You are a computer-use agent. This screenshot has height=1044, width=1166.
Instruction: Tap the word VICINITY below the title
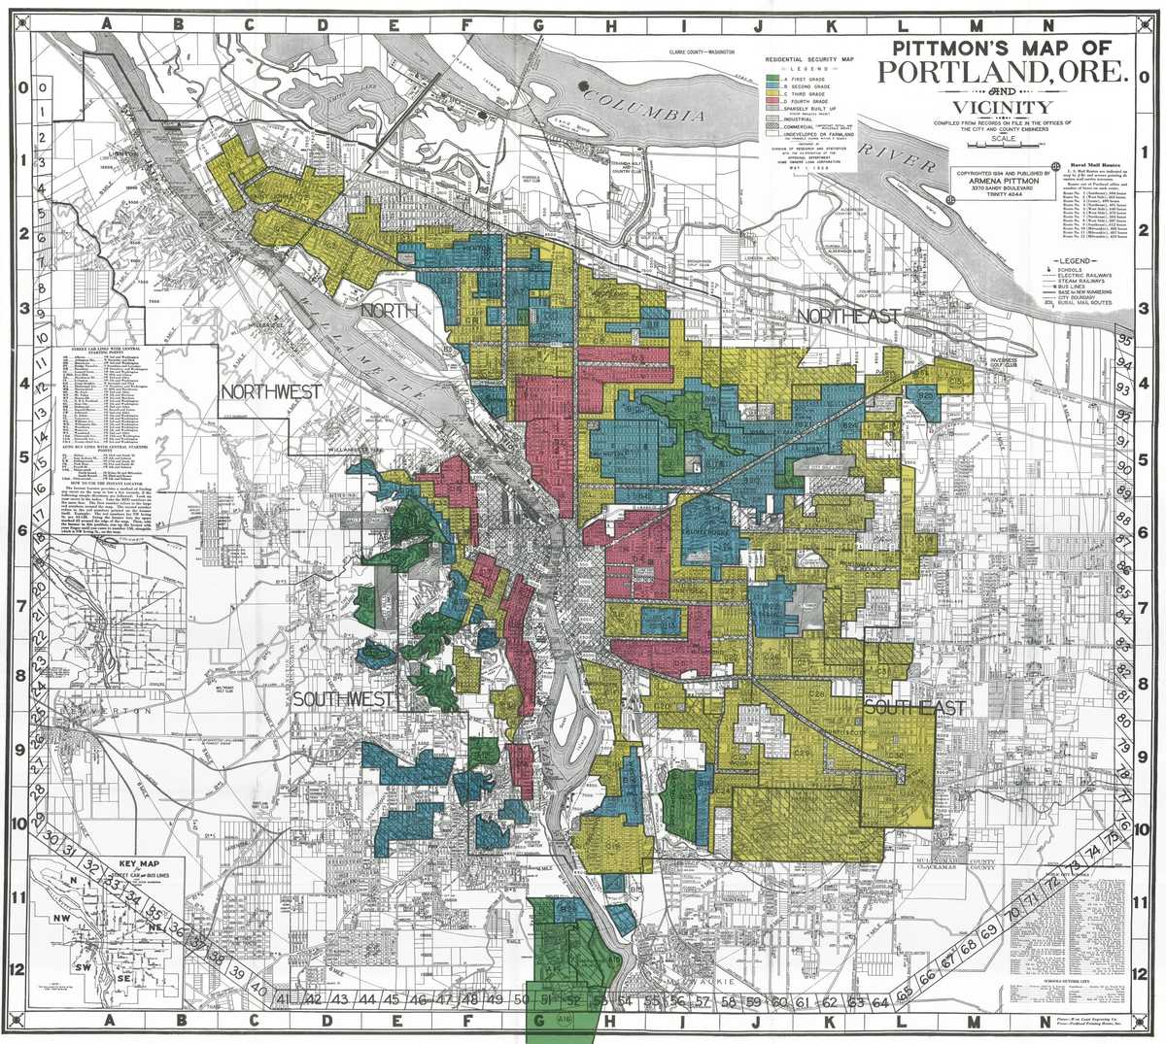(x=1000, y=107)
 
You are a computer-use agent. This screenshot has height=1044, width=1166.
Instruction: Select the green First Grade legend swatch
(x=773, y=77)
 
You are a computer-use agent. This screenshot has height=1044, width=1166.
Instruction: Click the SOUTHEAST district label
(x=913, y=708)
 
